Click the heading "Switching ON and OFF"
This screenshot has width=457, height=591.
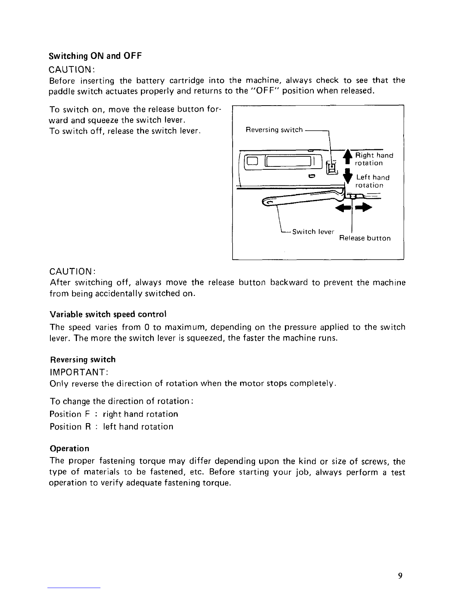pos(95,56)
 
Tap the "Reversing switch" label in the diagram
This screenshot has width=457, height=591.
pos(274,130)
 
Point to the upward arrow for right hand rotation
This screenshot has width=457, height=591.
pos(347,156)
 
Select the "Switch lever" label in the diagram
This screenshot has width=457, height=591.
pos(313,232)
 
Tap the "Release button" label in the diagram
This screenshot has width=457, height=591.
pos(365,238)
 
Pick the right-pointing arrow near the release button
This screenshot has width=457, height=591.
pos(363,208)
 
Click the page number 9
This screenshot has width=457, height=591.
pos(400,575)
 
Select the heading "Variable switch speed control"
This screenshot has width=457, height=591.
pos(108,315)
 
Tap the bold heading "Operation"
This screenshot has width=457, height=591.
pos(69,448)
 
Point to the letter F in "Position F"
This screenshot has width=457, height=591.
pos(87,414)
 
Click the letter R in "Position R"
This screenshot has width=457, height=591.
pos(88,426)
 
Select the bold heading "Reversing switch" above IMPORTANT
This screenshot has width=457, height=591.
pos(83,360)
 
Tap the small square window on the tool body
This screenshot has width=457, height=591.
pos(252,161)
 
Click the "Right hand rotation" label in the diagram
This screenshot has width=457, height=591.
pos(374,159)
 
